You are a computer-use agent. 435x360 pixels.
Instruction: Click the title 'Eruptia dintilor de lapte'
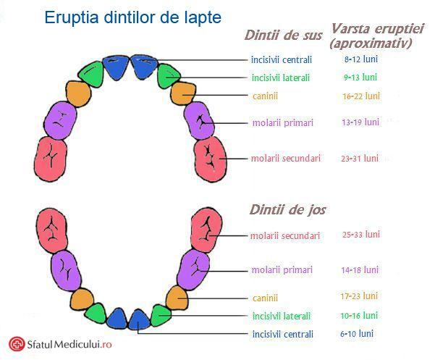tap(133, 18)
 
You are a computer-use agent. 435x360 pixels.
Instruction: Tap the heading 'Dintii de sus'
tap(283, 35)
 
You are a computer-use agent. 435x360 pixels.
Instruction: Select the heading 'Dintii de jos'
tap(287, 209)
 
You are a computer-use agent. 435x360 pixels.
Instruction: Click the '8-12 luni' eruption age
tap(361, 59)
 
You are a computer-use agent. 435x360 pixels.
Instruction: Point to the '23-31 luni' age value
tap(360, 159)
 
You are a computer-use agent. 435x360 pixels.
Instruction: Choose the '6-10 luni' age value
tap(357, 333)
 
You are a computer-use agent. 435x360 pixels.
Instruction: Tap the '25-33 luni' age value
tap(361, 235)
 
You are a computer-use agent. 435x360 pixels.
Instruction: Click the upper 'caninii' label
tap(265, 96)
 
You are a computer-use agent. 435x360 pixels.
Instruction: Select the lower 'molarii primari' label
tap(282, 269)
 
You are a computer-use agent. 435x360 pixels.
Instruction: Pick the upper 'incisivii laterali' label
tap(281, 78)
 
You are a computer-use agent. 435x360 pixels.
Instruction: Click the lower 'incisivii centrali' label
tap(283, 334)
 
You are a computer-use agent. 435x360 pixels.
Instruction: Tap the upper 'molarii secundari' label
tap(286, 159)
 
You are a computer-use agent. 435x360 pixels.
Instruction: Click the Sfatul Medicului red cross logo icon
tap(17, 344)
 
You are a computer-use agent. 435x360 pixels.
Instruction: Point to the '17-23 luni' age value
tap(359, 296)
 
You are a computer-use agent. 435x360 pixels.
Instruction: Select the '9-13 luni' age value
tap(360, 78)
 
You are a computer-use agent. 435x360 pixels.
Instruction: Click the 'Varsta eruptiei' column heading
tap(377, 28)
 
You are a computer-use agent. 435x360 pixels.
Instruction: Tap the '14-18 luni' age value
tap(360, 269)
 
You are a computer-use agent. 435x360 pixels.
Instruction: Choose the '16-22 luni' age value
tap(361, 96)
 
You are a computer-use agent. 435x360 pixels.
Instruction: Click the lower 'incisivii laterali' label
tap(282, 316)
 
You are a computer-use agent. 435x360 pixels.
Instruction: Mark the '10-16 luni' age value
tap(359, 316)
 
